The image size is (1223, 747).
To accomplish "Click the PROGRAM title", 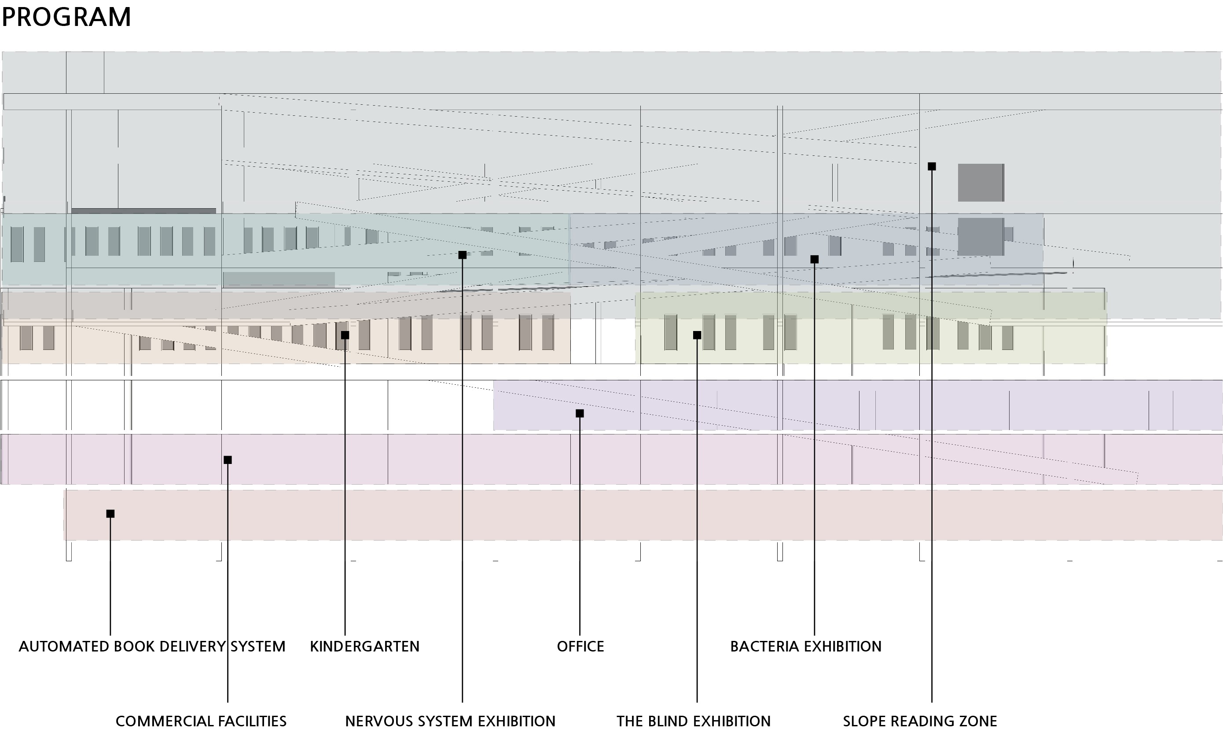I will [x=66, y=17].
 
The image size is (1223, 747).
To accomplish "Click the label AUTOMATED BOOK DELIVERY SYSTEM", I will [x=152, y=646].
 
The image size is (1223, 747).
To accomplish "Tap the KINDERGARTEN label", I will [x=364, y=646].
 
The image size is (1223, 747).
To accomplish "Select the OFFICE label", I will [x=580, y=646].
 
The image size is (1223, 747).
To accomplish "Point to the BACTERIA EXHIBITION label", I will [x=805, y=646].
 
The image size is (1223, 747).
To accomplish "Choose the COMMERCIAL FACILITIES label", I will [x=201, y=721].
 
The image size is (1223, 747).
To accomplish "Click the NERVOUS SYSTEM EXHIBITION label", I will [x=450, y=721].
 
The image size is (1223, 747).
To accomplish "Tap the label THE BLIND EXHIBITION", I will [x=694, y=721].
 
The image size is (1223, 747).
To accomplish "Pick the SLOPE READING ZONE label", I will [x=920, y=721].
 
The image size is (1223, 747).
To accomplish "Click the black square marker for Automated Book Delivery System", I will [x=110, y=514].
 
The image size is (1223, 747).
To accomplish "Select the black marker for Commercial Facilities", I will [x=228, y=460].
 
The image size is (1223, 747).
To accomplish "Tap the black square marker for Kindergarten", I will [x=345, y=335].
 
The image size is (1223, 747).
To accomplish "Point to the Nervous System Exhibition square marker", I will [x=463, y=255].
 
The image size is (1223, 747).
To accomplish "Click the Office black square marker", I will [x=580, y=413].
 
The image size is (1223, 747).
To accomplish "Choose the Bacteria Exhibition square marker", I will [x=815, y=259].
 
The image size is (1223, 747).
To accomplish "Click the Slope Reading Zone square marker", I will [x=932, y=167].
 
